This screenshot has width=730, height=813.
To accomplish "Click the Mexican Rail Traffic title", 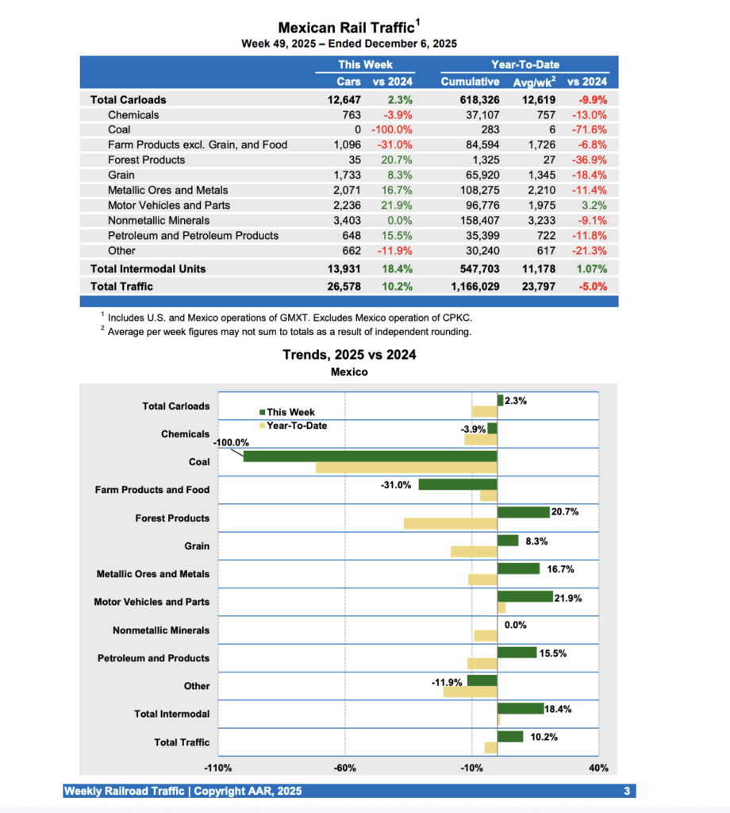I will pos(346,28).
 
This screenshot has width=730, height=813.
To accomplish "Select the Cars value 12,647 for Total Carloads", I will pos(344,100).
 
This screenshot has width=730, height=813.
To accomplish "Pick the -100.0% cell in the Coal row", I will pos(391,130).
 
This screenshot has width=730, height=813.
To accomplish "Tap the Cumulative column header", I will pos(471,82).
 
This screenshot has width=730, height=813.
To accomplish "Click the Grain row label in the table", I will pos(121,175).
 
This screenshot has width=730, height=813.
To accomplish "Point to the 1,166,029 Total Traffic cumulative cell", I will pos(471,287).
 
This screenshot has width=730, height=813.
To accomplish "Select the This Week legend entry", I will pos(290,412).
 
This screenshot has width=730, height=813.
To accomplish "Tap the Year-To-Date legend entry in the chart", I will pos(296,426).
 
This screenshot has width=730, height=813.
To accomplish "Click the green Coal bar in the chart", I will pos(370,457).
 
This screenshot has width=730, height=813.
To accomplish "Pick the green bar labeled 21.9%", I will pos(524,596).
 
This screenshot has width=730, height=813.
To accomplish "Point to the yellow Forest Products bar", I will pos(450,523).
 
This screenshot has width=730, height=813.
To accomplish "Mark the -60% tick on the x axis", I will pos(345,769).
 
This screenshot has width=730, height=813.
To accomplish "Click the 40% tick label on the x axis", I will pos(598,769).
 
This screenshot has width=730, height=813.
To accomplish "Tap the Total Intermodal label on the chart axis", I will pos(172,715).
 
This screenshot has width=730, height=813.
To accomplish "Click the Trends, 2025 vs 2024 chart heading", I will pos(349,355).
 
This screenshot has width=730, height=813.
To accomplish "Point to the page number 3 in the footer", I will pos(626,792).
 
